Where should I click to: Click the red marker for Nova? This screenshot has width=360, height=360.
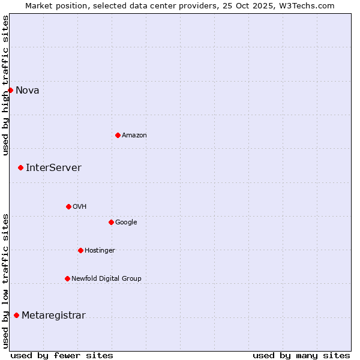[x=10, y=90]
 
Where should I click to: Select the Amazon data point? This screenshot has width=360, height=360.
[x=118, y=135]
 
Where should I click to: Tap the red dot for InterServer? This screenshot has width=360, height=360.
[x=20, y=167]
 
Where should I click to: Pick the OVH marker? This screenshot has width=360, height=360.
[x=68, y=206]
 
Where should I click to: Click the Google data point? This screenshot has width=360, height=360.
[x=111, y=222]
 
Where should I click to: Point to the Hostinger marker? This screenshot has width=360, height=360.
[x=80, y=250]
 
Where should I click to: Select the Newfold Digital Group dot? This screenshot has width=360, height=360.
[x=67, y=278]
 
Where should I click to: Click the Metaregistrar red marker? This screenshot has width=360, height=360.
[x=16, y=315]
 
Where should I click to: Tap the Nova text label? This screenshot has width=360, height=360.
[x=28, y=91]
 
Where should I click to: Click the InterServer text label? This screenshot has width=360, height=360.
[x=53, y=168]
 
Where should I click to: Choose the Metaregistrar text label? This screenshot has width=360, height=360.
[x=53, y=316]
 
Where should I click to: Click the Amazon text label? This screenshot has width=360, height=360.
[x=134, y=136]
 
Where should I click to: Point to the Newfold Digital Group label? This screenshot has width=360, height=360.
[x=106, y=279]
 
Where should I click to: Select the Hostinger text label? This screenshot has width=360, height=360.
[x=100, y=251]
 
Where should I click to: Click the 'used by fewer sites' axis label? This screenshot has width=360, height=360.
[x=62, y=355]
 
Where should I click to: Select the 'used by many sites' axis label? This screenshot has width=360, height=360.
[x=301, y=355]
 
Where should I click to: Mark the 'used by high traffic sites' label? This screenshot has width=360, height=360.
[x=5, y=85]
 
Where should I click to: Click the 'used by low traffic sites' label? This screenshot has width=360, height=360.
[x=5, y=281]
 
